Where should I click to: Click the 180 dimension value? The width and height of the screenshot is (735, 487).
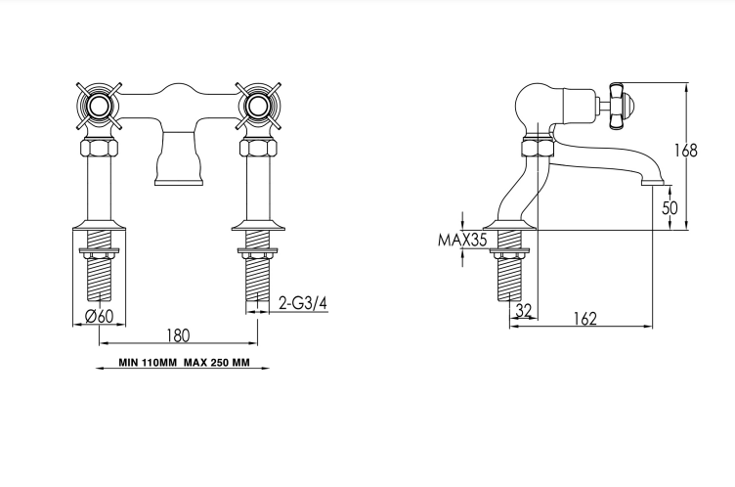coord(178,335)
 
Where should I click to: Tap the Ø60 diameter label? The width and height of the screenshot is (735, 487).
coord(100,316)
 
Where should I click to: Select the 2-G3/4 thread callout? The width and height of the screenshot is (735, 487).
coord(303,303)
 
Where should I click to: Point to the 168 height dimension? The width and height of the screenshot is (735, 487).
coord(686,151)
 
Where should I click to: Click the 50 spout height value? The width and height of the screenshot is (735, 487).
coord(670,207)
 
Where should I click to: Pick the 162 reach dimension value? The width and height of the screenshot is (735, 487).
coord(585,319)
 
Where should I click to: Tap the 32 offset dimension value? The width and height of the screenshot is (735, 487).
coord(524,310)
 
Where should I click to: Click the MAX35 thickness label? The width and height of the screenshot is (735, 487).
coord(462,240)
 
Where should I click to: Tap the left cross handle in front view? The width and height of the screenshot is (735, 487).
coord(100,107)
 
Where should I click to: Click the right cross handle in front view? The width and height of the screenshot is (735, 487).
coord(257,107)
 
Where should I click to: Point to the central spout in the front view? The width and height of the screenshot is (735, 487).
coord(180,158)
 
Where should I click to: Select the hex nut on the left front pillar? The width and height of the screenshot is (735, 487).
coord(100,148)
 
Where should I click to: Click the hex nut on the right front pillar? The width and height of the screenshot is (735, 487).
coord(257,148)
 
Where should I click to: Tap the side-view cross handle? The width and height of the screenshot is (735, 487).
coord(620,105)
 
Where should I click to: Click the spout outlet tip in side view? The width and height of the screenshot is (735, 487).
coord(655,182)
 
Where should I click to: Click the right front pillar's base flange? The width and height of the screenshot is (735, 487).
coord(258,225)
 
